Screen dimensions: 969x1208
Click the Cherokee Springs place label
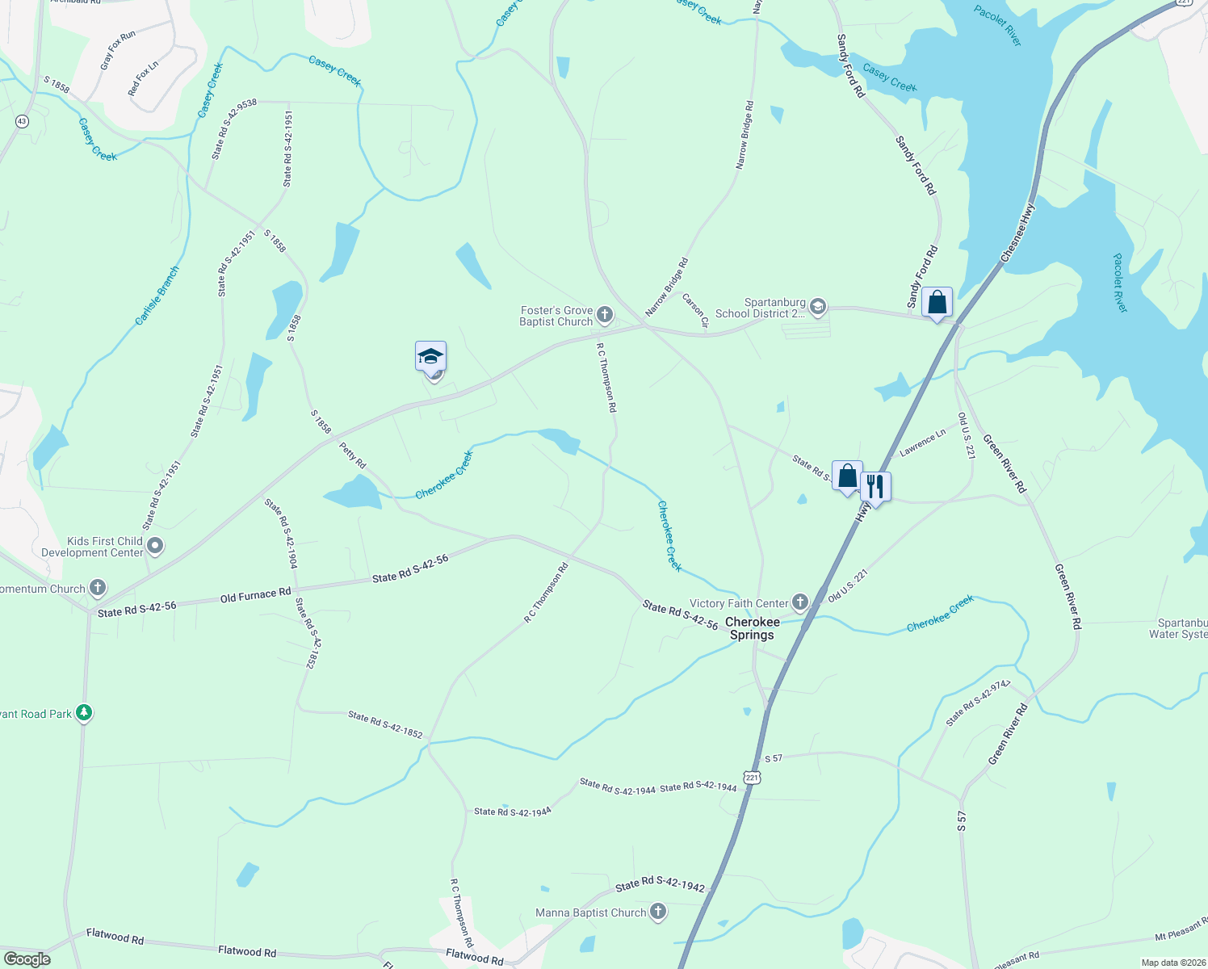[x=752, y=628]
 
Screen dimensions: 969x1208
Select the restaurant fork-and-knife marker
[x=875, y=487]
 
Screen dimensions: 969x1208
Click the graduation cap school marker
[x=430, y=356]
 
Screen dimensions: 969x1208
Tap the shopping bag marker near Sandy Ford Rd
[x=937, y=303]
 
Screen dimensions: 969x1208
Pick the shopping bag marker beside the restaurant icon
[x=847, y=476]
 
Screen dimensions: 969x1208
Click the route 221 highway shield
[x=752, y=778]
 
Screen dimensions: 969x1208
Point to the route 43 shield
[x=22, y=121]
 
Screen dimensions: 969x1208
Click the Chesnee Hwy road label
[x=1017, y=233]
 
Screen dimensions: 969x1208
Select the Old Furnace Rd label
[x=255, y=595]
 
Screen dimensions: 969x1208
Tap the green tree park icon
[x=84, y=713]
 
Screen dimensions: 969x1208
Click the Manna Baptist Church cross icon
[x=658, y=912]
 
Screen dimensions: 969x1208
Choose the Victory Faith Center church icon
[x=799, y=602]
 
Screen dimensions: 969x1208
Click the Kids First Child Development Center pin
[x=156, y=547]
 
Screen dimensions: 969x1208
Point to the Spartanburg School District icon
[x=818, y=306]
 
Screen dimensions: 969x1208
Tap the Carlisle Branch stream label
[x=157, y=296]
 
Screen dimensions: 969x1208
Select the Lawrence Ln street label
[x=922, y=443]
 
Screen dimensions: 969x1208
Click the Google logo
[x=27, y=959]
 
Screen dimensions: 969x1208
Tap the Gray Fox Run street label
[x=118, y=51]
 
